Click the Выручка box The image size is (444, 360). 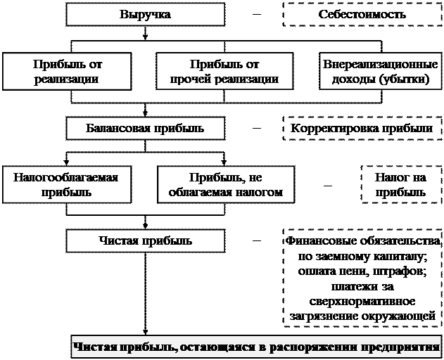click(x=146, y=15)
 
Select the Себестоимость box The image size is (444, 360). click(x=360, y=15)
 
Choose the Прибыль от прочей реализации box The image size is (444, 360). click(x=224, y=71)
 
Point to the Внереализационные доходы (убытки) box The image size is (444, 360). click(x=380, y=71)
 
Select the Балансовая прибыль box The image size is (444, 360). click(x=146, y=128)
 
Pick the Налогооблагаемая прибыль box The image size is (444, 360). click(x=65, y=184)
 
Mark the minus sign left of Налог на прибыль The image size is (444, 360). click(x=327, y=184)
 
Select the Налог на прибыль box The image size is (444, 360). click(x=400, y=184)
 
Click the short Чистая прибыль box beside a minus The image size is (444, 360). click(x=146, y=241)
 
